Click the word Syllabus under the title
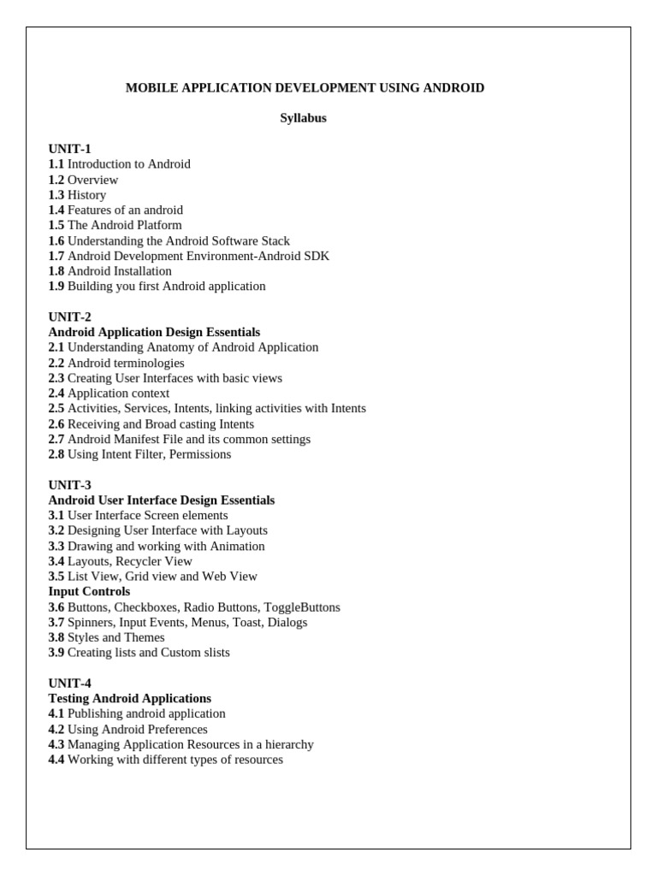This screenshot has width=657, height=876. click(x=303, y=118)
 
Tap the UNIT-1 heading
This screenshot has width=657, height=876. click(x=70, y=149)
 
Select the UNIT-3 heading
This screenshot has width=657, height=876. click(x=70, y=485)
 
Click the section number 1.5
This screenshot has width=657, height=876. click(x=56, y=225)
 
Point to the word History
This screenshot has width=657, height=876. click(x=86, y=195)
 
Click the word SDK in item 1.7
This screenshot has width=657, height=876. click(x=317, y=256)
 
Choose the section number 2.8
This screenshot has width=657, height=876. click(x=56, y=454)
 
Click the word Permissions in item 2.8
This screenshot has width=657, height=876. click(x=200, y=454)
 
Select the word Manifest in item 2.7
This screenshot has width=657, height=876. click(x=137, y=439)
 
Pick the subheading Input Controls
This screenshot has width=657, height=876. click(x=89, y=591)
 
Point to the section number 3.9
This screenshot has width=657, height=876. click(x=56, y=653)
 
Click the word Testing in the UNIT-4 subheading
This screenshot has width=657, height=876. click(x=70, y=698)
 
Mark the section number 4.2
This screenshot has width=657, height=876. click(x=56, y=729)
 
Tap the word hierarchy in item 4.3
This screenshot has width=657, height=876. click(x=287, y=744)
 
